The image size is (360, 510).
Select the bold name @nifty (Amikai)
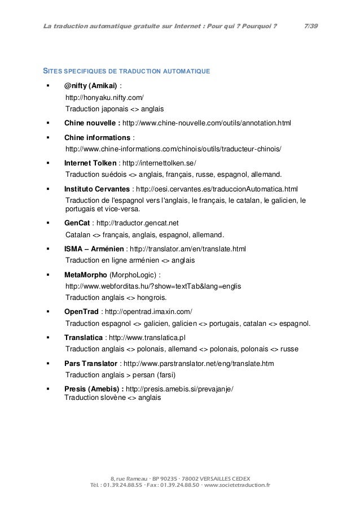91,86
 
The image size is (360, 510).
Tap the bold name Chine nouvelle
91,123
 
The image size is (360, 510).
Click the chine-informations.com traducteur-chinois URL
173,149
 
